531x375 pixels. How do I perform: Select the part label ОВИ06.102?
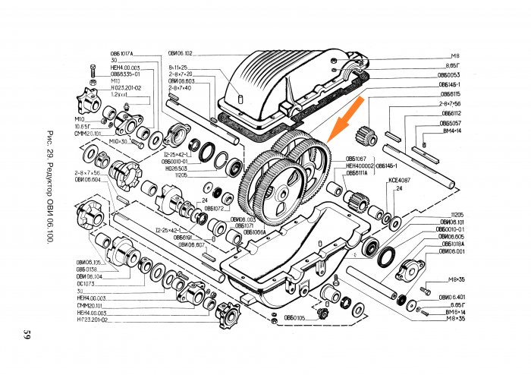[x=181, y=54]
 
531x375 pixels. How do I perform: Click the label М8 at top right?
[x=455, y=56]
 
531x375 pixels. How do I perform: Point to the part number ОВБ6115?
[x=450, y=94]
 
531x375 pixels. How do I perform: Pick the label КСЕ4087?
[x=399, y=180]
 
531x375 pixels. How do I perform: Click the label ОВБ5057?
[x=450, y=123]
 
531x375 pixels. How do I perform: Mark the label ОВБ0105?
[x=294, y=317]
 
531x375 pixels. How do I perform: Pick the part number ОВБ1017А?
[x=121, y=54]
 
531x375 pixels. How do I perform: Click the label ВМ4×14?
[x=451, y=131]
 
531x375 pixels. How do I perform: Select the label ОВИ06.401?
[x=451, y=297]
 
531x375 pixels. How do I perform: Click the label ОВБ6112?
[x=451, y=113]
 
